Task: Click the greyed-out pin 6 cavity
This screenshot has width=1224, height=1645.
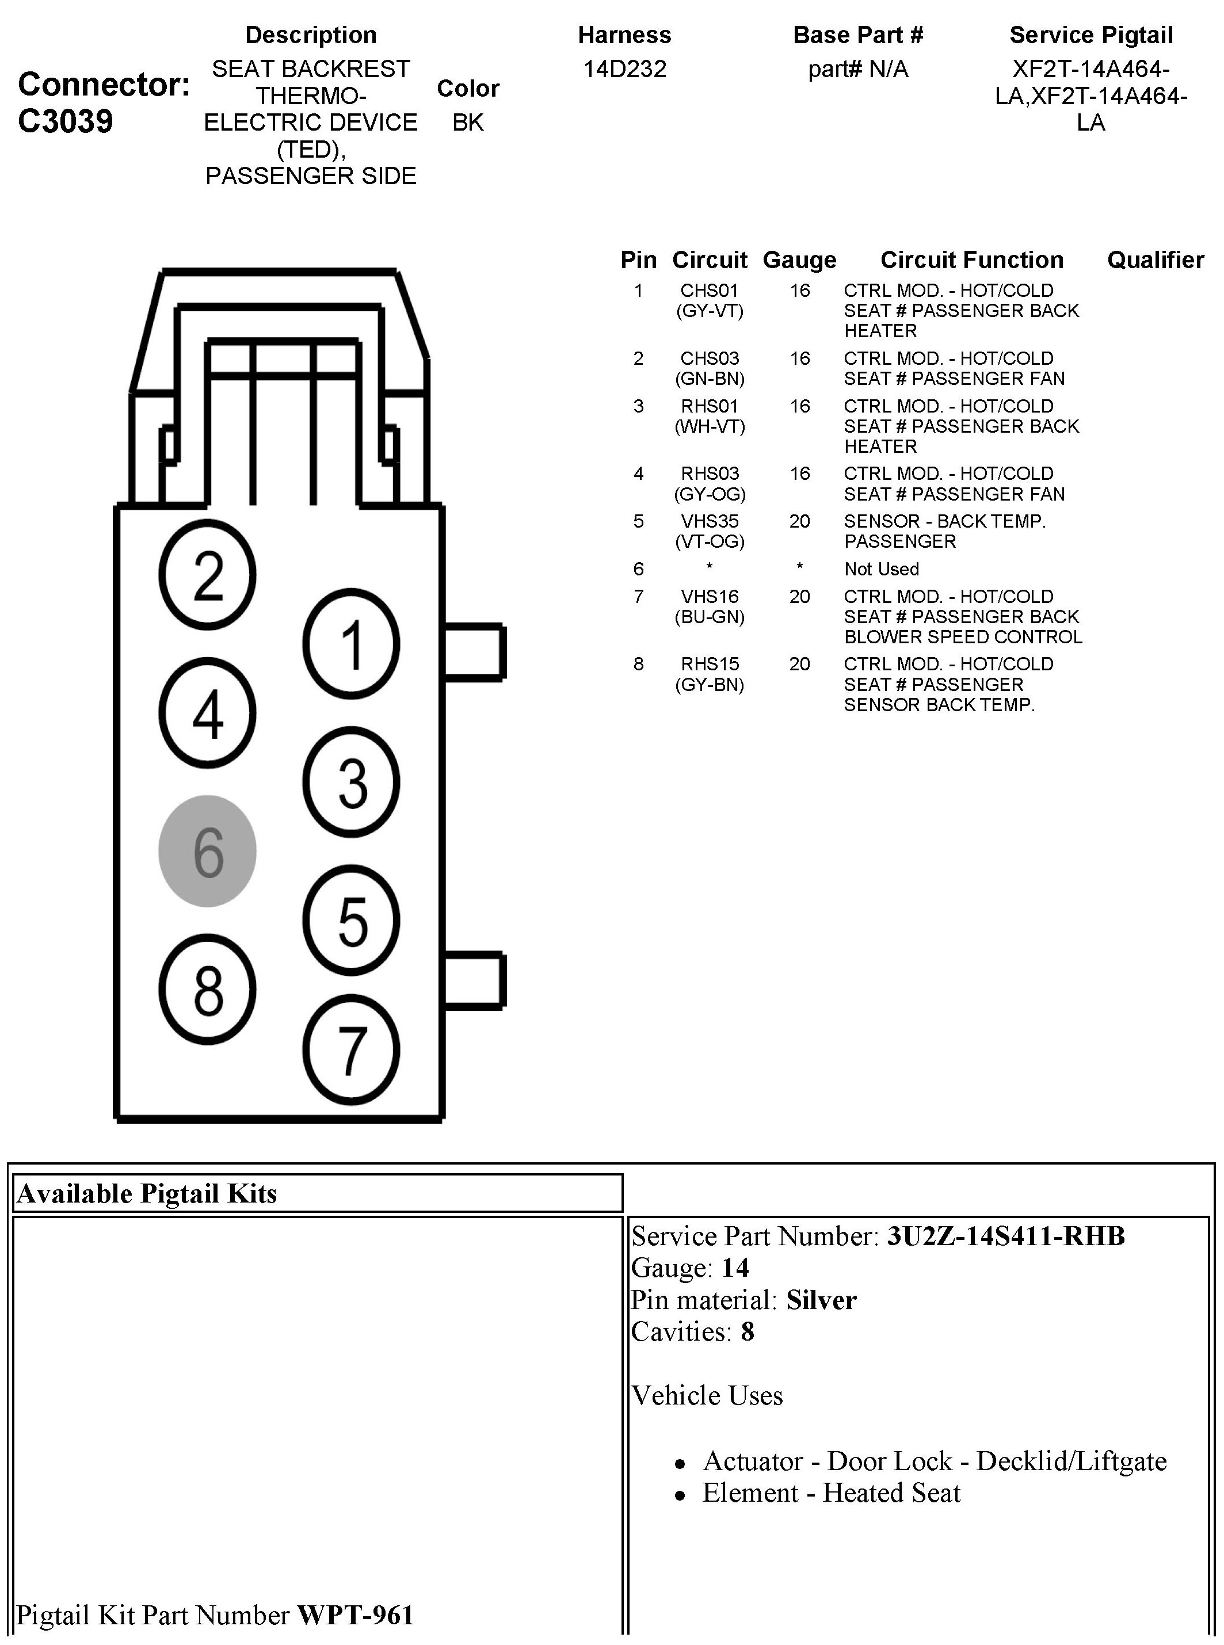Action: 208,851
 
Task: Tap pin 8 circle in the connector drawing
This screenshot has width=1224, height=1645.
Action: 208,990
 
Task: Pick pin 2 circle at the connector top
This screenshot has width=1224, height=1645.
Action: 208,575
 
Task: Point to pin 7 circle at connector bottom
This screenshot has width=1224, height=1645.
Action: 351,1050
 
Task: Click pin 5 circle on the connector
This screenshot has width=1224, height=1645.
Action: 351,921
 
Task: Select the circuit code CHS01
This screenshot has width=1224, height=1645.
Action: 709,291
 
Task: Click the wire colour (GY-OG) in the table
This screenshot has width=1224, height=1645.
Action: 709,494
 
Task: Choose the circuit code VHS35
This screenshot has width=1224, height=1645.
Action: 709,521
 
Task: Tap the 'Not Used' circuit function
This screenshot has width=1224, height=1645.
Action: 881,569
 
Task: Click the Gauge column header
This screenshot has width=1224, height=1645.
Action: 799,260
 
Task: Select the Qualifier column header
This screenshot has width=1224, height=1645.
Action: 1155,260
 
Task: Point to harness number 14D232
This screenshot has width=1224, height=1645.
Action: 624,69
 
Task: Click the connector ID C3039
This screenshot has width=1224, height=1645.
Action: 65,121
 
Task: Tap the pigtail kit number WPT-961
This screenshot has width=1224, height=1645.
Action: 356,1615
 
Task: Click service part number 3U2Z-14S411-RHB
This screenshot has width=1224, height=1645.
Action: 1005,1236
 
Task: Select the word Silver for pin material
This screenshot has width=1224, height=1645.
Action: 821,1300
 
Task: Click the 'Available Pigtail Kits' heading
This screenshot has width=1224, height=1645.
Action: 147,1194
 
